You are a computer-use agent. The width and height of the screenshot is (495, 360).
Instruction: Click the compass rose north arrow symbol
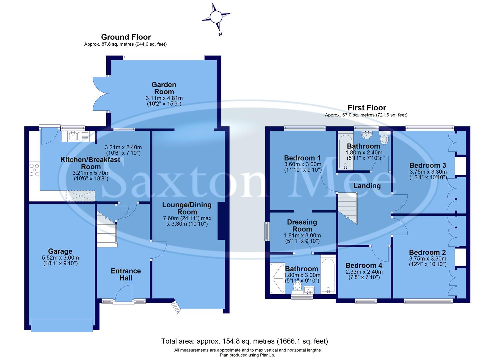point(216,17)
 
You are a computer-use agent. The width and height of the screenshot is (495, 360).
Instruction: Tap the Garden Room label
point(164,88)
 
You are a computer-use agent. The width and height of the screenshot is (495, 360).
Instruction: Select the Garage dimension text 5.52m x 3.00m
point(60,258)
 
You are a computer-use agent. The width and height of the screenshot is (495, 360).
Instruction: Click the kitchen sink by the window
point(73,136)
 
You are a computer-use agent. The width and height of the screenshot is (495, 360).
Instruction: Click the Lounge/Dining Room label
point(187,208)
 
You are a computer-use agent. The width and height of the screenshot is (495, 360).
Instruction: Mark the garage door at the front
point(62,325)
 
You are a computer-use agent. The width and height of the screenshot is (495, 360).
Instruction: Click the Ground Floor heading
point(126,37)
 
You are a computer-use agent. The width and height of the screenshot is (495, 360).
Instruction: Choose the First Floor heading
point(366,108)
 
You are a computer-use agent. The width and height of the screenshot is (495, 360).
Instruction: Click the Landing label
point(367,186)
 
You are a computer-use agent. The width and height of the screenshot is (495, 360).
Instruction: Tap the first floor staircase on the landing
point(348,208)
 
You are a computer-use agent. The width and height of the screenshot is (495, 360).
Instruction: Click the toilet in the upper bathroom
point(384,139)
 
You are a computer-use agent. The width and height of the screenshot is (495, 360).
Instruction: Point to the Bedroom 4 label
point(364,265)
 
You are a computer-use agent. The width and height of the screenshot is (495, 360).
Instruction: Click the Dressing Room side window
point(266,231)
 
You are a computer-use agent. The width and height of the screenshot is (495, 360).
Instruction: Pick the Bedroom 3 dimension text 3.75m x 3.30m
point(428,172)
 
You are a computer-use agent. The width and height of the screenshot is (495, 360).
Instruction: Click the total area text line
point(245,341)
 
